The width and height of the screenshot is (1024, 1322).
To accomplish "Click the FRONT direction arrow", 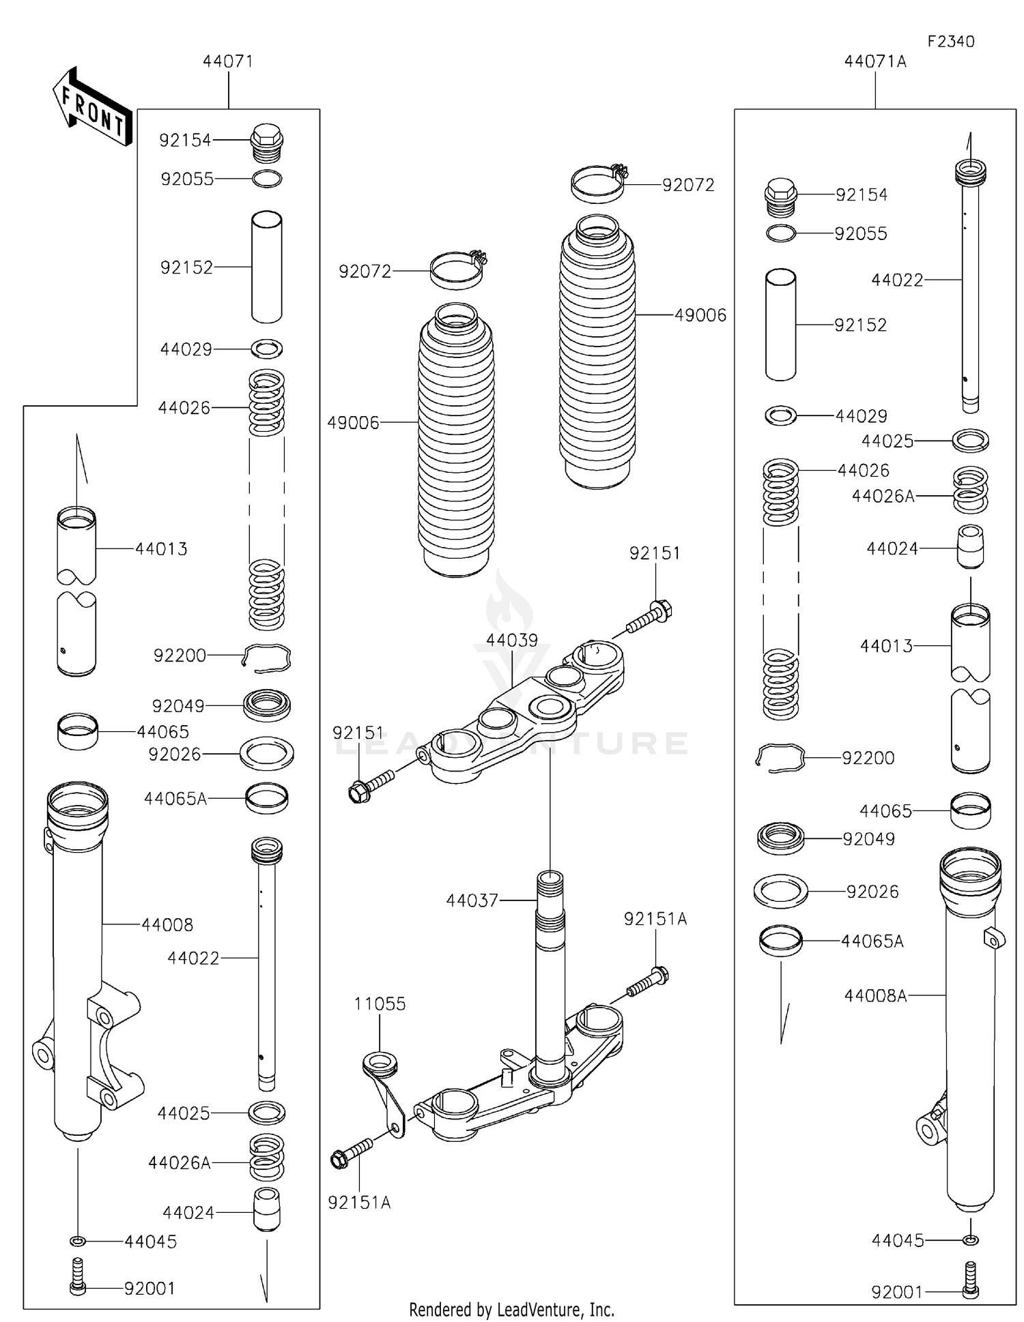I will click(x=91, y=108).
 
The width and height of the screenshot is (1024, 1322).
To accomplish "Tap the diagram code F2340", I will click(x=950, y=42).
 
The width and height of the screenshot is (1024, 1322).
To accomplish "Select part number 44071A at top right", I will click(x=874, y=61).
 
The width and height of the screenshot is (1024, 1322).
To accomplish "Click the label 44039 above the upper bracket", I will click(x=511, y=640).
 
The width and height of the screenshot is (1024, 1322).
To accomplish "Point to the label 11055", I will click(x=380, y=1003).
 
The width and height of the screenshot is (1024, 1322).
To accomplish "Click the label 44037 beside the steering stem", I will click(x=472, y=900).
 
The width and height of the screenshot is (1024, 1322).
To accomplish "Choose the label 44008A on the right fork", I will click(x=875, y=995).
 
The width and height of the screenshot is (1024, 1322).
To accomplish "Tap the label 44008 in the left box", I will click(x=167, y=925).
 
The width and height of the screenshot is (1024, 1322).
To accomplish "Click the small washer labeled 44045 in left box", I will click(x=78, y=1240).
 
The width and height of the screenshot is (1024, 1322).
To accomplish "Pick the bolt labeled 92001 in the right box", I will click(x=970, y=1281).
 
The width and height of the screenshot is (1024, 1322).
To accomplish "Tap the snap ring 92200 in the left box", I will click(x=268, y=658).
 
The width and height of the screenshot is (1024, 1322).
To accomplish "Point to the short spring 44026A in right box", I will click(x=970, y=489).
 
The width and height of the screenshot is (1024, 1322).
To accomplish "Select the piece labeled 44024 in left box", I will click(x=267, y=1209).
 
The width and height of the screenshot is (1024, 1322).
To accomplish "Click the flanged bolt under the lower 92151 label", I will click(x=369, y=784).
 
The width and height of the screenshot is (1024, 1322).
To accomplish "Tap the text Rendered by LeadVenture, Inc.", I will click(x=511, y=1309).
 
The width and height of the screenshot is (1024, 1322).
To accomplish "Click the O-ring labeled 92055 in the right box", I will click(x=781, y=233).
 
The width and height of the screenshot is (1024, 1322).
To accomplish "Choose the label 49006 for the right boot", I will click(x=700, y=315).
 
